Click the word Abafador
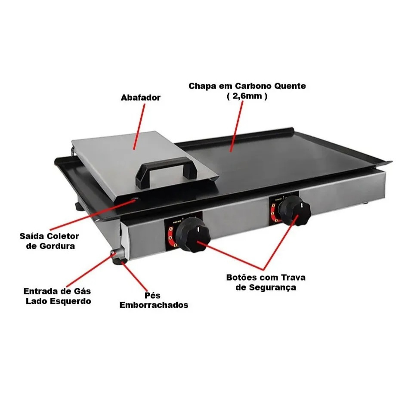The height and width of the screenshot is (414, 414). coord(140,98)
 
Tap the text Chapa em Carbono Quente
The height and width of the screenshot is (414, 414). coord(247,86)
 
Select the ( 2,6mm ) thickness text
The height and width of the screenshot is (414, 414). coord(247,96)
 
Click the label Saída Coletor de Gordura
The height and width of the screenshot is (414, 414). coord(49,241)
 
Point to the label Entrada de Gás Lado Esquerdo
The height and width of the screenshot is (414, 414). coord(58,296)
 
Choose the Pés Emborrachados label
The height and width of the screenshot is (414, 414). coord(154,300)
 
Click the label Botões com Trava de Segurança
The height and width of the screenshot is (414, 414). coord(266,282)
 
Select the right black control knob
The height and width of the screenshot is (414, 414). coord(295,210)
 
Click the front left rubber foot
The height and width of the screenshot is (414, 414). coord(119,261)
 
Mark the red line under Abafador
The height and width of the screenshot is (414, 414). coord(139,127)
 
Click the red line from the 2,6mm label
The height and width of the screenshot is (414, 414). coord(237,126)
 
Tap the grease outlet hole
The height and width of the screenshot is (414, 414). coord(135,200)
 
